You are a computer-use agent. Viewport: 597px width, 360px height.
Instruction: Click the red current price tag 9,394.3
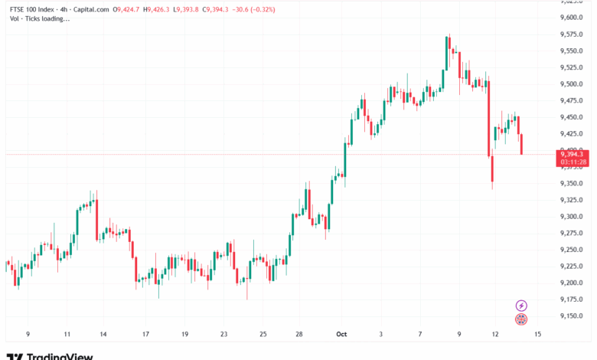[x=573, y=154]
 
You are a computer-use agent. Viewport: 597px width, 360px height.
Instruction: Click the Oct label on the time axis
[x=343, y=335]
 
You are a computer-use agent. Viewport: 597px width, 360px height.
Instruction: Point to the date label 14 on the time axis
[x=103, y=335]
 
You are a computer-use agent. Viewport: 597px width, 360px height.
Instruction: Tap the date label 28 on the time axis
[x=298, y=335]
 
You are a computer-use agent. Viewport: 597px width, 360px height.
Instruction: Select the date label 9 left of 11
[x=28, y=335]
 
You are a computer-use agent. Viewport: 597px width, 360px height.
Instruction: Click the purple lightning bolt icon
[x=521, y=306]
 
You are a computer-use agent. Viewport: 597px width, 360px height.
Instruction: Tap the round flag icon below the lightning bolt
[x=521, y=319]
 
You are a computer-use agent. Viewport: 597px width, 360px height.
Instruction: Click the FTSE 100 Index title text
[x=33, y=9]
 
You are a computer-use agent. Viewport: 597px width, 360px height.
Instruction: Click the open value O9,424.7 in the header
[x=126, y=9]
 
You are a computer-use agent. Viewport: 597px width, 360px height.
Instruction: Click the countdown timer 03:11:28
[x=573, y=162]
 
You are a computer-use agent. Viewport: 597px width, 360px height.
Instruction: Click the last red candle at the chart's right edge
[x=521, y=143]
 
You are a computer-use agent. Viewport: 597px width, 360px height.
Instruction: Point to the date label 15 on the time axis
[x=538, y=335]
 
